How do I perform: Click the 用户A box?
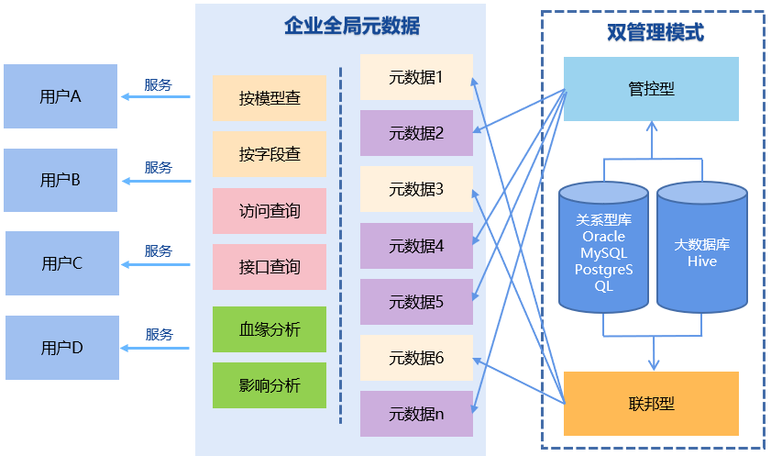coord(61,96)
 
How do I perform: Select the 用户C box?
coord(62,263)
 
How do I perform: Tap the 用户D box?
coord(62,348)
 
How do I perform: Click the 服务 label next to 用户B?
coord(159,168)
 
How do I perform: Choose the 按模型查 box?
coord(270,98)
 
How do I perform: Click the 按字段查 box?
coord(270,155)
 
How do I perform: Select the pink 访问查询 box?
coord(270,211)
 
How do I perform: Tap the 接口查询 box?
coord(270,267)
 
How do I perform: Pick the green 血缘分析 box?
coord(270,329)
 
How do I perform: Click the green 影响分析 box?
coord(270,385)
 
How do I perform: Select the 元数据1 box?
coord(416,77)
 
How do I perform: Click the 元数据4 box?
coord(416,246)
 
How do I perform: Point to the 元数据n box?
coord(416,414)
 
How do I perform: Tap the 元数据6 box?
coord(416,358)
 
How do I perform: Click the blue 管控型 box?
coord(651,89)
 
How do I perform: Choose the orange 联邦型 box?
coord(651,404)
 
